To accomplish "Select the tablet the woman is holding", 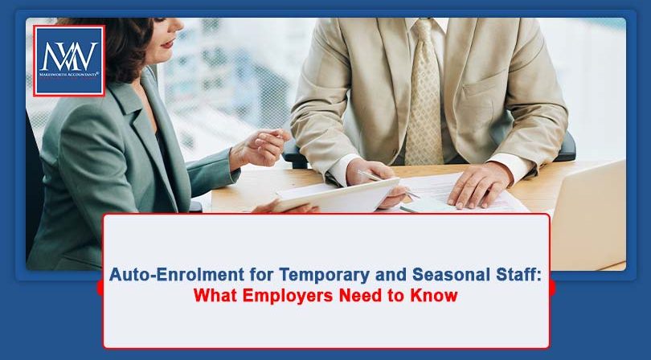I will click(x=338, y=196).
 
